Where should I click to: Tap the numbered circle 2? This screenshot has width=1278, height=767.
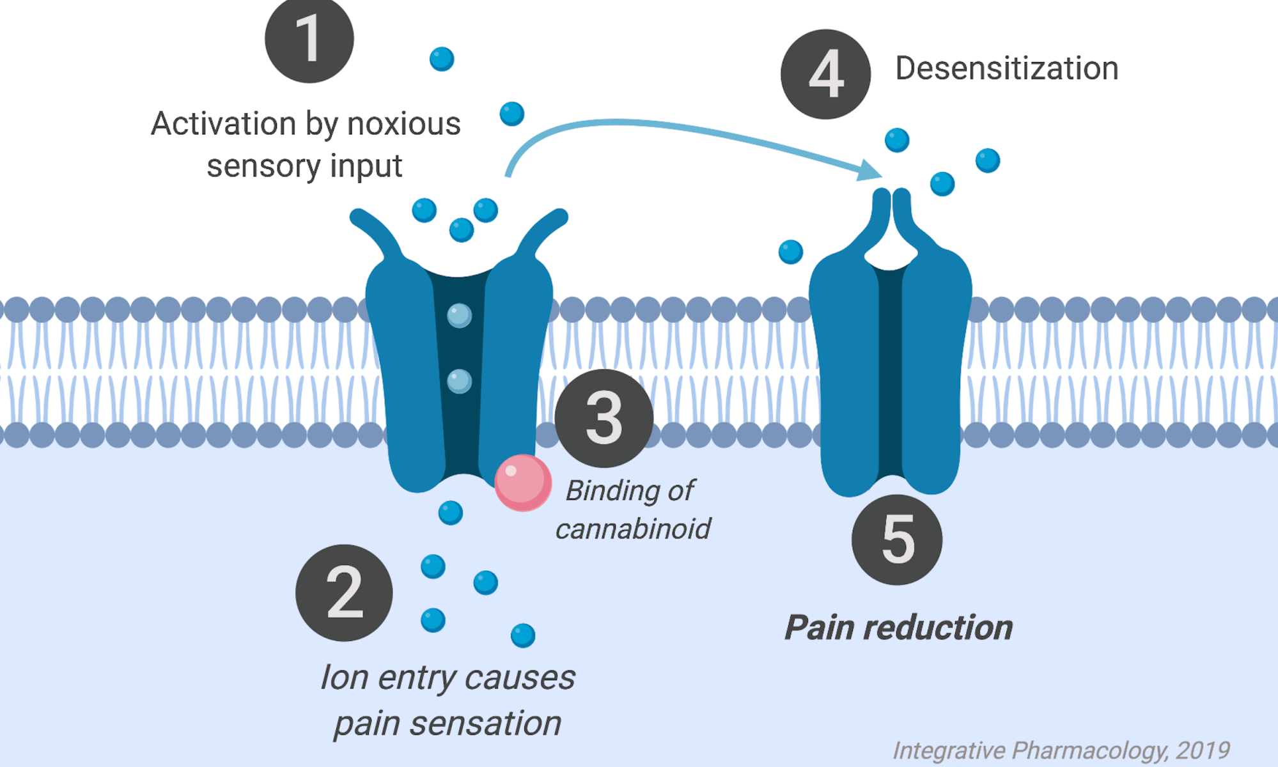[x=344, y=593]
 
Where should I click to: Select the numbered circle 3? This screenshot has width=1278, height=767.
[x=604, y=418]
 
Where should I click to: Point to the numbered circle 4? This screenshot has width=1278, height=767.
[x=825, y=74]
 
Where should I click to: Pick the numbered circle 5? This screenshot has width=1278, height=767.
[x=897, y=539]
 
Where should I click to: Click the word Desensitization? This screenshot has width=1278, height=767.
[x=1006, y=68]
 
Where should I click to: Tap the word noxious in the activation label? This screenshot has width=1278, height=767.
[x=403, y=124]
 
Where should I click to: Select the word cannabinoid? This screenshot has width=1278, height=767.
[x=633, y=529]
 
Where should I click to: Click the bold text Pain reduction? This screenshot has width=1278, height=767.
[x=898, y=628]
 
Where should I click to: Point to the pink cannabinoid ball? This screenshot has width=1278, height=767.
[x=523, y=483]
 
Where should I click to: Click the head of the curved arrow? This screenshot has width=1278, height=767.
[x=871, y=171]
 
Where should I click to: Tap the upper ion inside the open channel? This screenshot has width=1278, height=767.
[x=459, y=315]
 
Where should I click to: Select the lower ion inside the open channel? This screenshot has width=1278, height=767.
[x=459, y=381]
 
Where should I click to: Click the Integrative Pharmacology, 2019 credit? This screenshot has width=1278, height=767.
[x=1061, y=750]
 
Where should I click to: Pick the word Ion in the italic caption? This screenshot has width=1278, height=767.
[x=344, y=678]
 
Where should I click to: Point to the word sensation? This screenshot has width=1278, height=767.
[x=485, y=724]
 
